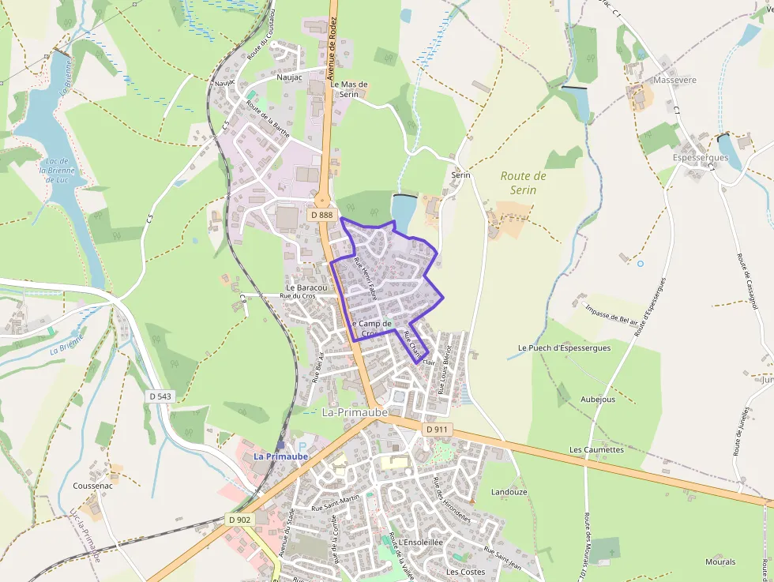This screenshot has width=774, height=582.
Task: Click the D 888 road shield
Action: point(321,215)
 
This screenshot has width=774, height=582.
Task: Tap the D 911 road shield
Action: point(436,429)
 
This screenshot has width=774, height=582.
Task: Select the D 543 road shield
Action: point(160,396)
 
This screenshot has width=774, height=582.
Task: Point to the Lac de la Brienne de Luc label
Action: point(56,170)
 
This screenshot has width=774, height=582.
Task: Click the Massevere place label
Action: point(674,81)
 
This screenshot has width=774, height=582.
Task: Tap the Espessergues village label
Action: point(701,158)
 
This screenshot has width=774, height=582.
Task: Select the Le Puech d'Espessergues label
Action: point(564,347)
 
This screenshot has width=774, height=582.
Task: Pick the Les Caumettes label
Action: point(596,450)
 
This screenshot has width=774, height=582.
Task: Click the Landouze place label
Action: point(509,492)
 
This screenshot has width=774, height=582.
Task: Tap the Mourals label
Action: point(720,562)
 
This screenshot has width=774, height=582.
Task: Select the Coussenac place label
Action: point(92,486)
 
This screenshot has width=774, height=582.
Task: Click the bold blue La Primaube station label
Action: point(280,457)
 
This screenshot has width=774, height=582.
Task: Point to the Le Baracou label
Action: point(307,287)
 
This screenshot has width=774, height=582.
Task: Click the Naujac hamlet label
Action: point(289,77)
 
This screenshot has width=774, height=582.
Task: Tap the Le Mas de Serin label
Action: point(349,88)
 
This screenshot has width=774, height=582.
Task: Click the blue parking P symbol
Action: point(300,448)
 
